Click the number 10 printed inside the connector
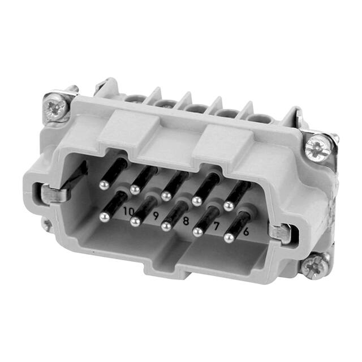tap(129, 212)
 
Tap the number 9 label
tap(154, 216)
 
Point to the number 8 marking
tap(185, 220)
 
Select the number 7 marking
tap(215, 226)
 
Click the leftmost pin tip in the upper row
tap(104, 184)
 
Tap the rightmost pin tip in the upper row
tap(229, 206)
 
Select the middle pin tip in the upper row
tap(166, 196)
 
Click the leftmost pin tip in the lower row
tap(104, 216)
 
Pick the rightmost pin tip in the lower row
tap(229, 238)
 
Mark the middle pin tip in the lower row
tap(166, 226)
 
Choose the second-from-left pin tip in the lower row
tap(135, 221)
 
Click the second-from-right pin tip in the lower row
tap(198, 232)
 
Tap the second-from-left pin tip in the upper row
tap(135, 189)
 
